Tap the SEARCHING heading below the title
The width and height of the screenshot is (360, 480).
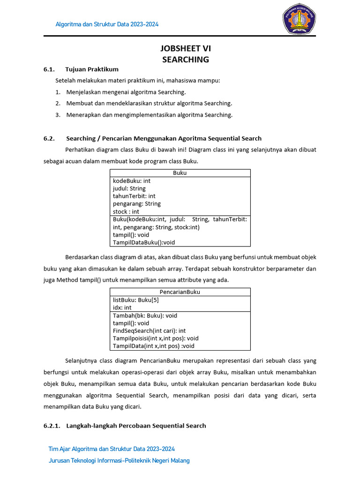click(x=186, y=60)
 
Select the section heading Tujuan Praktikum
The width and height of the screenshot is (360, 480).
click(x=92, y=69)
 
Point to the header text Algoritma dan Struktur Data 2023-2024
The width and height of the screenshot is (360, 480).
click(x=107, y=24)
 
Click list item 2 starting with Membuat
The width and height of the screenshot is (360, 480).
click(x=149, y=103)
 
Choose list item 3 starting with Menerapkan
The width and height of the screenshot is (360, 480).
click(x=149, y=115)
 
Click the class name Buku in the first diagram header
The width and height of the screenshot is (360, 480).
click(x=180, y=173)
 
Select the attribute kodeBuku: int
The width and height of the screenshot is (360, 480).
click(x=132, y=181)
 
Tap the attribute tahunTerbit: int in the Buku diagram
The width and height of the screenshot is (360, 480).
click(x=134, y=196)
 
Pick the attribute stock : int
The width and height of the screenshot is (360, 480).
click(x=126, y=211)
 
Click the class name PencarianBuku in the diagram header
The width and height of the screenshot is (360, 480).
click(x=180, y=292)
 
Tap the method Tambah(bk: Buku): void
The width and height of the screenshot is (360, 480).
click(x=145, y=315)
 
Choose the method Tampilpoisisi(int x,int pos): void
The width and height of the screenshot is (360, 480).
click(x=156, y=338)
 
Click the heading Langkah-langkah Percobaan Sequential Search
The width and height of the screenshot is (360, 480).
click(x=136, y=426)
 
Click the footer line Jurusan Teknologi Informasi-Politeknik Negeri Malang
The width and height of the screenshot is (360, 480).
click(x=119, y=460)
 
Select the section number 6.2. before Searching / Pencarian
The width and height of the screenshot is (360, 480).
click(x=49, y=138)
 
